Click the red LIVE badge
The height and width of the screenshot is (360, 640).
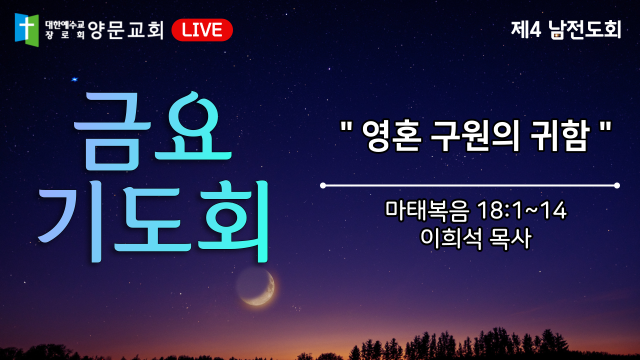click(202, 29)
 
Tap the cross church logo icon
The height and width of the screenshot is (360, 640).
click(26, 29)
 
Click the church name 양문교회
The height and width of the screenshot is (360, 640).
click(125, 29)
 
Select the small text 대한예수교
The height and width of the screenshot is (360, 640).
click(65, 25)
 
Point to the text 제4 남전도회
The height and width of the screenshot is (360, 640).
click(566, 29)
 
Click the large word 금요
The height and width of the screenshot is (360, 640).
click(152, 131)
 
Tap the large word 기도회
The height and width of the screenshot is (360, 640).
click(153, 221)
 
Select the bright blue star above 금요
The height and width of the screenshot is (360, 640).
click(74, 79)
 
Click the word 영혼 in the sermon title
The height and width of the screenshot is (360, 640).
click(391, 136)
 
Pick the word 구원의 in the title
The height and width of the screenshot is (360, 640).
click(475, 136)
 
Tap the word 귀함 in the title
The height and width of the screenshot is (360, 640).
click(559, 136)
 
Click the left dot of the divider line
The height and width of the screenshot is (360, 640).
click(323, 185)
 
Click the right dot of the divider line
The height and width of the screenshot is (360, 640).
click(617, 185)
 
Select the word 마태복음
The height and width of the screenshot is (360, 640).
click(427, 211)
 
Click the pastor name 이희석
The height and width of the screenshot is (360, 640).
click(451, 239)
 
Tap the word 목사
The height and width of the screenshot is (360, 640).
click(510, 239)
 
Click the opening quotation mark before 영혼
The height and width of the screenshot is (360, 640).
click(346, 126)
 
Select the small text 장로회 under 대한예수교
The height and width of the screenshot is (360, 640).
click(65, 35)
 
